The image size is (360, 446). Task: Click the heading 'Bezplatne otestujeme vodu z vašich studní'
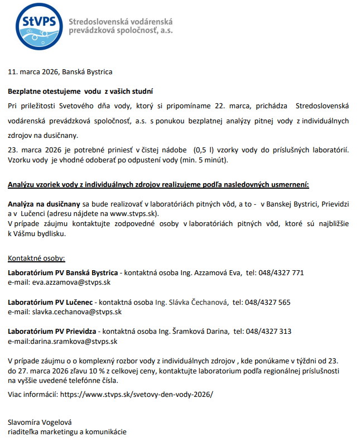pos(80,91)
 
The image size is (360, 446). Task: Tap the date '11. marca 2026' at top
pos(33,72)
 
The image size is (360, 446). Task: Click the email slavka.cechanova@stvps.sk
pos(76,311)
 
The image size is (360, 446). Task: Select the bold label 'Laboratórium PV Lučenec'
pos(51,302)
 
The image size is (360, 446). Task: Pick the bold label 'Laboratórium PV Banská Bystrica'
pos(63,273)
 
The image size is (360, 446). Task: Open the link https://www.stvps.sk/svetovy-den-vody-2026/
pos(136,394)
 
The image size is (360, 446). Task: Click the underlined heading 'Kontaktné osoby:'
pos(36,258)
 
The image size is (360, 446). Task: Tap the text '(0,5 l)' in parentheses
pos(206,150)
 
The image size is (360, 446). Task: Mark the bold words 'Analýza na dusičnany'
pos(44,204)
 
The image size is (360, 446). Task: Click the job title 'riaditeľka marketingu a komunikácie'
pos(67,432)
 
